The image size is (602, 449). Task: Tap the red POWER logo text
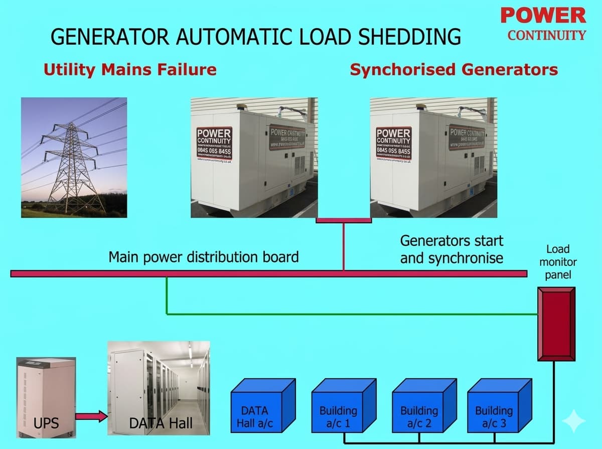tap(543, 16)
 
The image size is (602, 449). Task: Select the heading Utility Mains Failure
tap(130, 69)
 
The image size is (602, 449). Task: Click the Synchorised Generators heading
tap(454, 69)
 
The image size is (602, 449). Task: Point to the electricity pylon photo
tap(74, 158)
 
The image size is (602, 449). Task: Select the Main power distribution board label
tap(204, 257)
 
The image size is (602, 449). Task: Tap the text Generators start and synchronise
tap(451, 249)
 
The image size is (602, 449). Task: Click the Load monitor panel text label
tap(557, 262)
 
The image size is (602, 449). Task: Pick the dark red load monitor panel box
tap(555, 324)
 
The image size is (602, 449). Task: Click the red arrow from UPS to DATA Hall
tap(91, 416)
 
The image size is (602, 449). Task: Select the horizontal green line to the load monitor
tap(351, 315)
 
